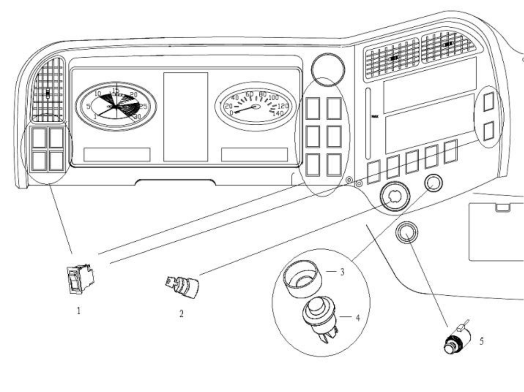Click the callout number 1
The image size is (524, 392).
point(79,311)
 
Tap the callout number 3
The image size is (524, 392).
point(342,271)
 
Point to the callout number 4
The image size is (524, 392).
point(358,317)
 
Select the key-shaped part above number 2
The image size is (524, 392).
point(182,286)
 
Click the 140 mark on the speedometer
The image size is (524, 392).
point(278,113)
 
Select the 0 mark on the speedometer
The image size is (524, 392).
point(231,113)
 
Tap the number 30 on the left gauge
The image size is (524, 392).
point(137,116)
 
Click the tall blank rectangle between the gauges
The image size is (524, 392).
point(185,116)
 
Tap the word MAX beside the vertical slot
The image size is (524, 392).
point(375,116)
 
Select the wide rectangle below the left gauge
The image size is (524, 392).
point(117,154)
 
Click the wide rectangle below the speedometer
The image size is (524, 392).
point(254,154)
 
